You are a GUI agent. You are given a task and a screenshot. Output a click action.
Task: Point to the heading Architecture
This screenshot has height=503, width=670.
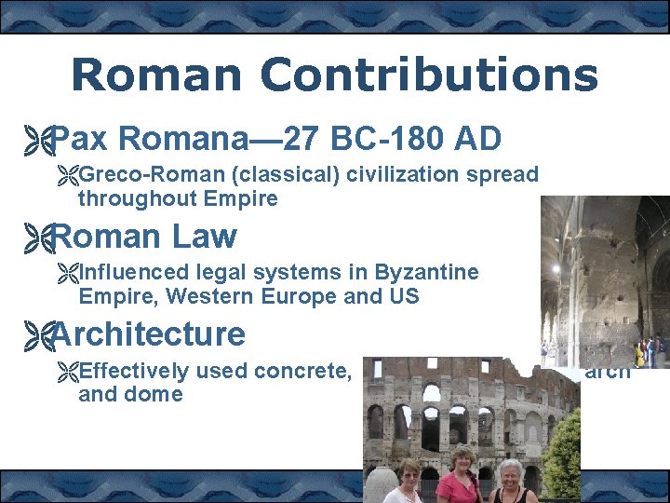(149, 333)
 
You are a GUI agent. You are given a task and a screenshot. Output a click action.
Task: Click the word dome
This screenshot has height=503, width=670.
(159, 394)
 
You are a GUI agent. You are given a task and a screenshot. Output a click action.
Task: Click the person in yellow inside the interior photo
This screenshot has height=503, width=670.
(640, 353)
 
